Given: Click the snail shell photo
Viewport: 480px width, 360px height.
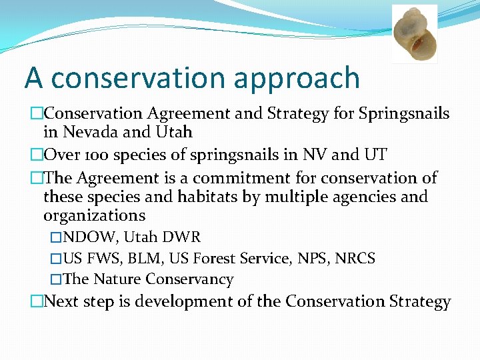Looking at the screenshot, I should point(414,33).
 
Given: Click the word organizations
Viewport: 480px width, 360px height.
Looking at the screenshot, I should point(94,215).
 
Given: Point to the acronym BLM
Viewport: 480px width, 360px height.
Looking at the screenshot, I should point(147,259).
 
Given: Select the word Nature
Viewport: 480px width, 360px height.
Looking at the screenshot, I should point(117,279).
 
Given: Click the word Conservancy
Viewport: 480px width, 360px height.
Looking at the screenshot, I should point(189,279).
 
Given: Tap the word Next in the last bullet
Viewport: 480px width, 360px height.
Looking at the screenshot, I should point(61,302).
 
